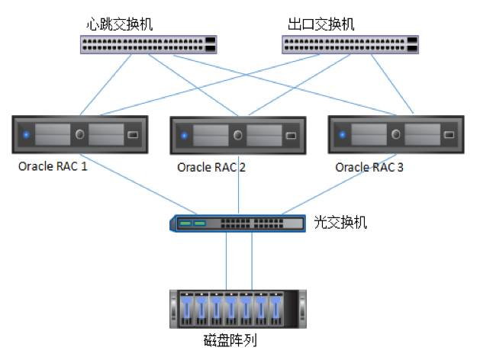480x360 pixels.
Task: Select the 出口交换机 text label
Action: tap(321, 24)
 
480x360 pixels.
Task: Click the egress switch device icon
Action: tap(350, 45)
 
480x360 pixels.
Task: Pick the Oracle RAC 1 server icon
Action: tap(79, 136)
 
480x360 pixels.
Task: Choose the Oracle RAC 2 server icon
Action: tap(237, 137)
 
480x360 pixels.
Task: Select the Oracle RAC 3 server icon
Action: tap(395, 135)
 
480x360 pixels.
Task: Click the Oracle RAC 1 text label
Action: tap(53, 166)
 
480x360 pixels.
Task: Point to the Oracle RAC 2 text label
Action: tap(211, 167)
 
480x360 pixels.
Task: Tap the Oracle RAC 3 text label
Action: tap(369, 167)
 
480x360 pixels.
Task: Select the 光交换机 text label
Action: tap(340, 223)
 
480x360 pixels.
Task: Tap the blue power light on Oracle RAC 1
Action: tap(26, 136)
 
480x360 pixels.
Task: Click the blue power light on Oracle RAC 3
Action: tap(342, 136)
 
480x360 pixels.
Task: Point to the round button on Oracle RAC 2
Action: tap(238, 137)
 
